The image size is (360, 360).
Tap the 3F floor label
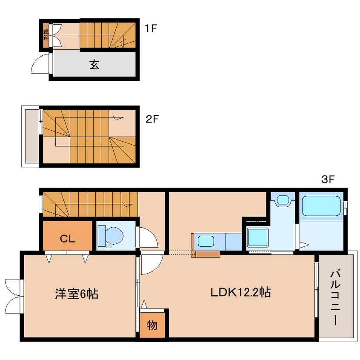(328, 180)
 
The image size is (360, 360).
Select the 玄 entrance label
(94, 65)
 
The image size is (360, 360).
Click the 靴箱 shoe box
(46, 34)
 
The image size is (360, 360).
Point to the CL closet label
(67, 239)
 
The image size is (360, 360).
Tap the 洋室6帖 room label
(76, 294)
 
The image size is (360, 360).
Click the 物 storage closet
(152, 326)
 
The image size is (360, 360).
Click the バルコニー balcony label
(335, 297)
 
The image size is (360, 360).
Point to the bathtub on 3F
(321, 206)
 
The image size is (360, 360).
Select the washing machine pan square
(257, 238)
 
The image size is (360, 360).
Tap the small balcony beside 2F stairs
(31, 136)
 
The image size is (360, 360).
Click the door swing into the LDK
(151, 264)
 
